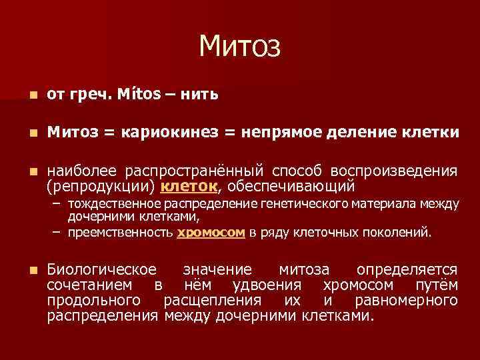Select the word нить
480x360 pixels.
click(x=199, y=95)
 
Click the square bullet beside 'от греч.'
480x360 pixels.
click(x=25, y=95)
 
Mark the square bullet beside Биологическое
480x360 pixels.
click(x=25, y=271)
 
